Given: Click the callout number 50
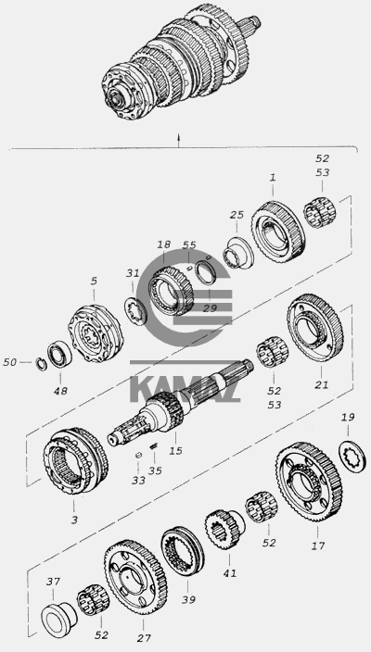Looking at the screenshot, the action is coord(10,362).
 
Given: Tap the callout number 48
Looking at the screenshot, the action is coord(60,391).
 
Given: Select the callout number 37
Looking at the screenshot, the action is coord(53,582).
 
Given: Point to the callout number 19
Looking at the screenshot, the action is coord(348,417).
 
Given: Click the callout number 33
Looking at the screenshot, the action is coord(139,481).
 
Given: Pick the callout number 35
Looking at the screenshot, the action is coord(155,470).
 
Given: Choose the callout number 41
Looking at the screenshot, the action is coord(229,573).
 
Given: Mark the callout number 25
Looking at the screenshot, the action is coord(237,215).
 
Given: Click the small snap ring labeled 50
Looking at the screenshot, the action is coord(41,364).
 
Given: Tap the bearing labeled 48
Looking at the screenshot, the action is coord(59,354).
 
